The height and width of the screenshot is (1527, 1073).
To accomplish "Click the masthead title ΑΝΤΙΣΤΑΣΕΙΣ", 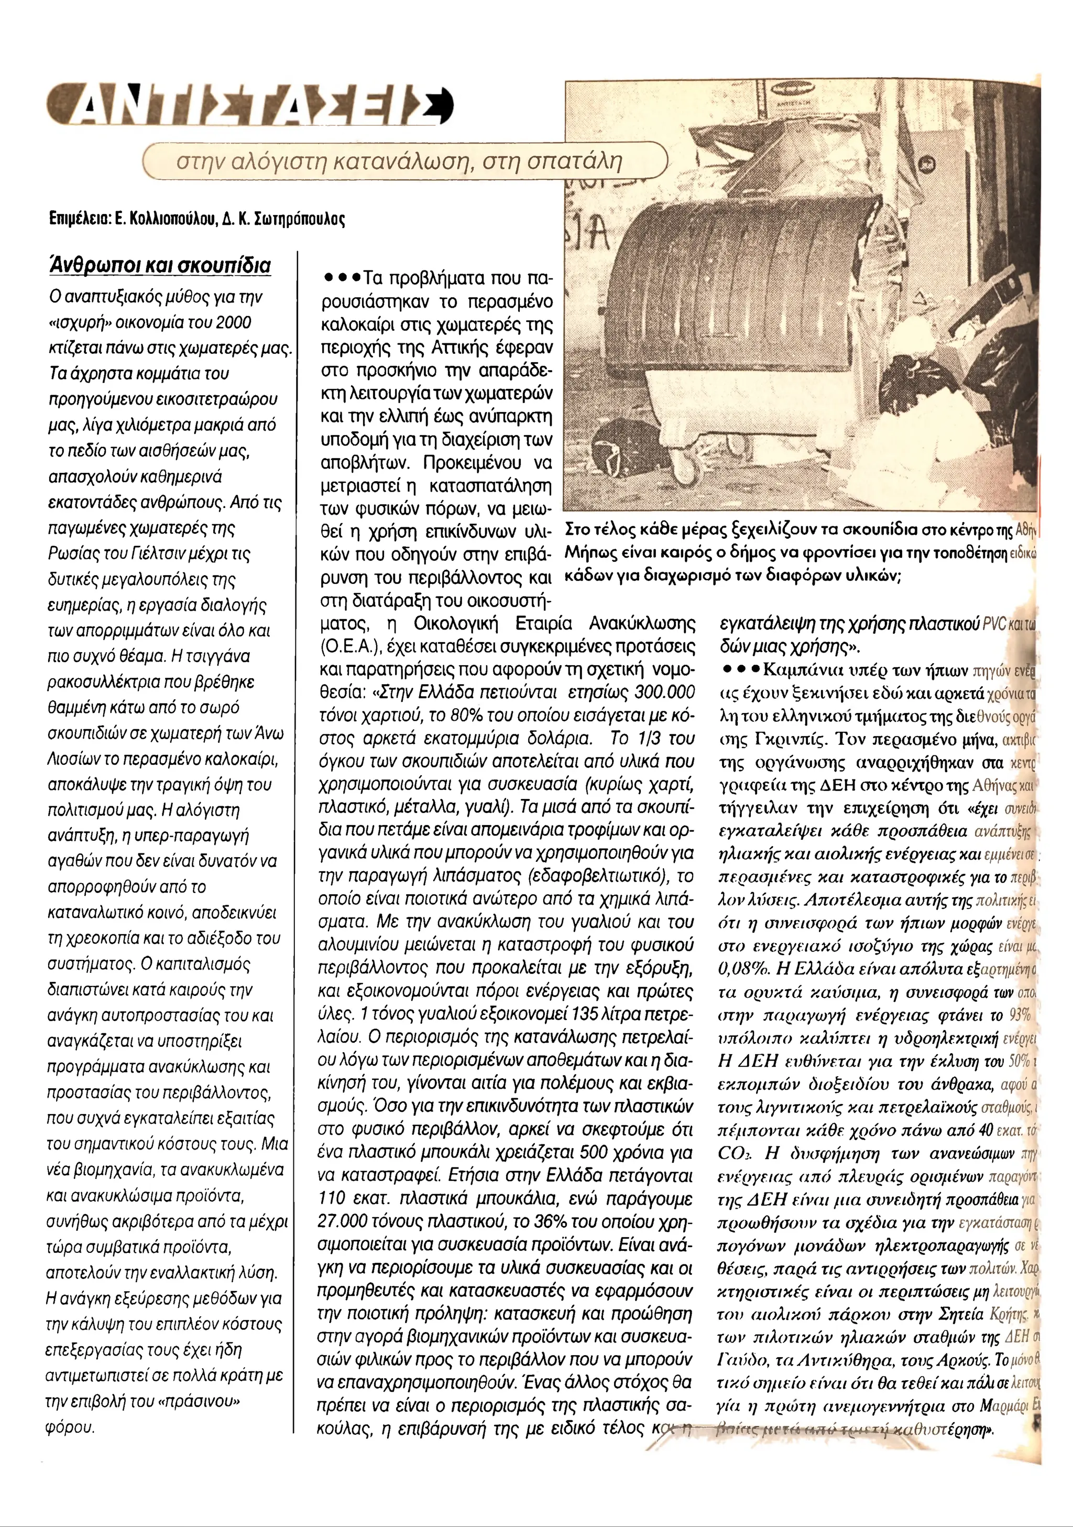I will pos(249,106).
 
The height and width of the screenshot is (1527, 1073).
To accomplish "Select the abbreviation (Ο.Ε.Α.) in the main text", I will pos(349,646).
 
